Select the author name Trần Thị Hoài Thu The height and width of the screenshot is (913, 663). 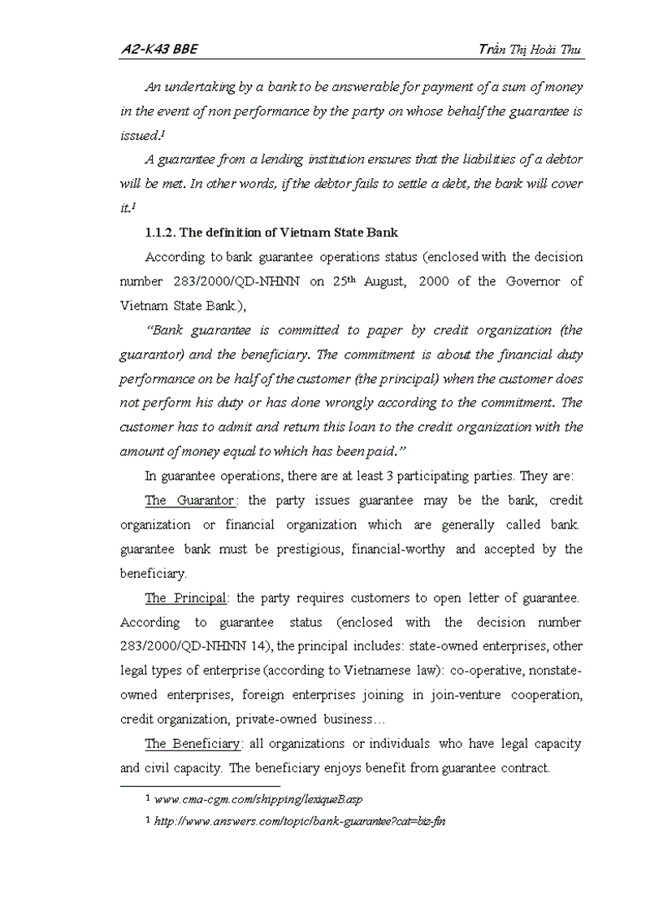click(531, 50)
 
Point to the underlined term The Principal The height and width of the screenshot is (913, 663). click(185, 598)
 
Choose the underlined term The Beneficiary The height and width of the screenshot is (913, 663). click(193, 744)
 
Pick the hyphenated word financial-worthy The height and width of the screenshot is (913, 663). click(398, 549)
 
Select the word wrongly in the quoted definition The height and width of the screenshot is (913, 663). click(350, 402)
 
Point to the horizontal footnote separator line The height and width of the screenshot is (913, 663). click(200, 786)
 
